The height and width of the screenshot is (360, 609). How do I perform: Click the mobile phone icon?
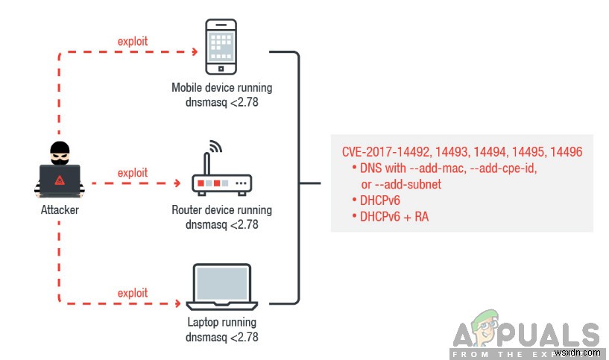point(221,45)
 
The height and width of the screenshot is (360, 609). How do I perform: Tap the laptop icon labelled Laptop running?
point(221,288)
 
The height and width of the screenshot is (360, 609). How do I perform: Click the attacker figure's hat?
point(60,145)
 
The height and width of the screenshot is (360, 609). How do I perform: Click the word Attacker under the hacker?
point(59,210)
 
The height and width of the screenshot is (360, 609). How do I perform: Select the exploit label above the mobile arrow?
point(133,41)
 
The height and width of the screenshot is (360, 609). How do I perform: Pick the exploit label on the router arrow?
point(133,173)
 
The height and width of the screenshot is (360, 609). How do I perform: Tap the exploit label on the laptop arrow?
point(133,293)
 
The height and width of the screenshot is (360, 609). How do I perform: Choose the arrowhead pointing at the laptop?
point(178,303)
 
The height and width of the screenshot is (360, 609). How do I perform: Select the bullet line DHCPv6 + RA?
point(394,217)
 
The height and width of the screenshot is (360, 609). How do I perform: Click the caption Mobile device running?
point(221,88)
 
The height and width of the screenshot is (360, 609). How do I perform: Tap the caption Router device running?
point(221,209)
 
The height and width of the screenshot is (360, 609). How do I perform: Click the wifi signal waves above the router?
point(215,146)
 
